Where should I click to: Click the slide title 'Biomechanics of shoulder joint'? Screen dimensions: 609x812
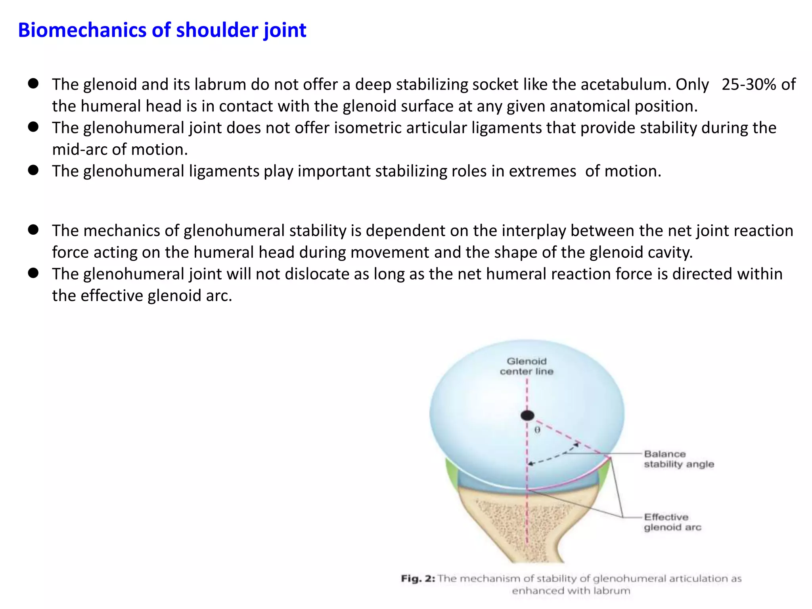pos(162,30)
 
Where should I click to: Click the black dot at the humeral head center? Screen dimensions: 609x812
pos(527,415)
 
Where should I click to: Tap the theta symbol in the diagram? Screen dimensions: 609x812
pos(537,430)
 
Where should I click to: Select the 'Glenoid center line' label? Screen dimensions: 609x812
pos(527,366)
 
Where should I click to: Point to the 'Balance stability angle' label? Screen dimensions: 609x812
pos(678,459)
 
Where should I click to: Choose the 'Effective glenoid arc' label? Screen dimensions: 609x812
pos(672,522)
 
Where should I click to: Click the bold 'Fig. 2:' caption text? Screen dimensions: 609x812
pos(418,578)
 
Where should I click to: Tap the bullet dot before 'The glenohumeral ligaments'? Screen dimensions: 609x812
pos(33,170)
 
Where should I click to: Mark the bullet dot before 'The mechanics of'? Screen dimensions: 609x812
pos(33,230)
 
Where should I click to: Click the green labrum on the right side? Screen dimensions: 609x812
pos(603,476)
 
